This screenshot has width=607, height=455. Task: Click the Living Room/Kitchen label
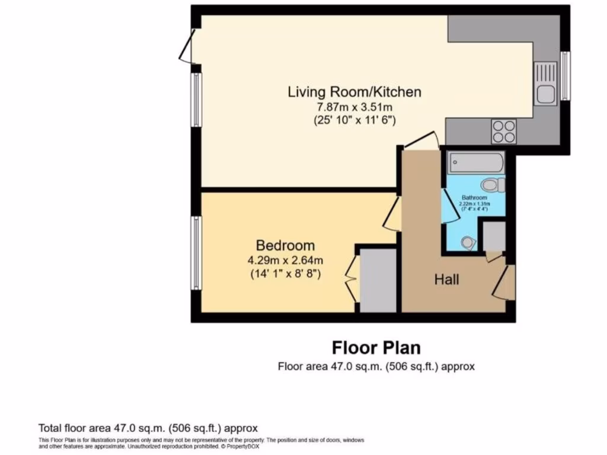354,92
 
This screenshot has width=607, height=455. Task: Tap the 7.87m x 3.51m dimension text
354,107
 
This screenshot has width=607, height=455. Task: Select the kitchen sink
545,92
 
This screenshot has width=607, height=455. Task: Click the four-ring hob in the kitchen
504,132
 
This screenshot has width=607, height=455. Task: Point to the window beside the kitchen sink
566,76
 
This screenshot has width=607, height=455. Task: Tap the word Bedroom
285,245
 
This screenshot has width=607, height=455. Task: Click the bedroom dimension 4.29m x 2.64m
285,259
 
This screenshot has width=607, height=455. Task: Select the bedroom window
196,253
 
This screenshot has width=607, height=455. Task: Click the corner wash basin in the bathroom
468,242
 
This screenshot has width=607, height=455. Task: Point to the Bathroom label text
474,198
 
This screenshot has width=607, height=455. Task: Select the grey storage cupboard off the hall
493,236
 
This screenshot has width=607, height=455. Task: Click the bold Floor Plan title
376,347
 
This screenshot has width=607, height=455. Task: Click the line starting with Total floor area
148,428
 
